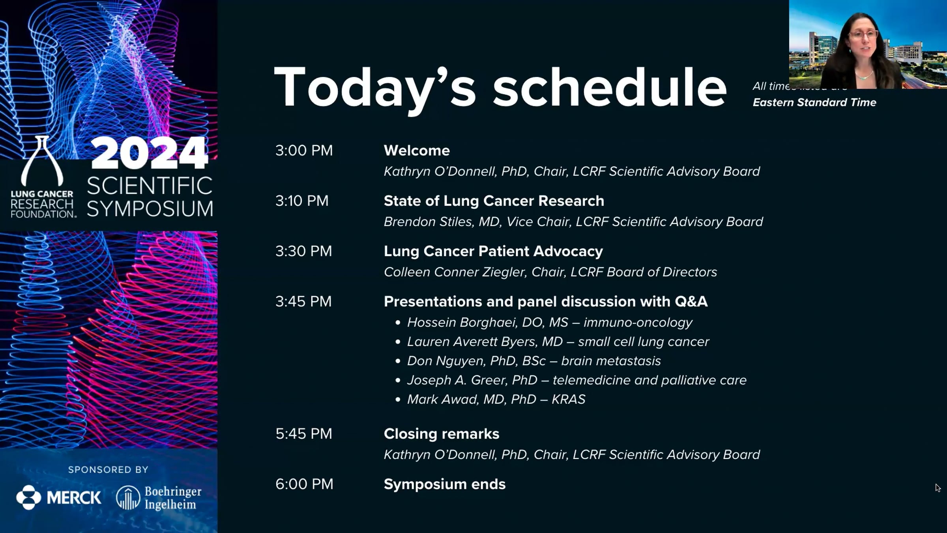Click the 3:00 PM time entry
(x=304, y=150)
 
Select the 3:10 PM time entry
(x=302, y=201)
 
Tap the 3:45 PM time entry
(x=303, y=302)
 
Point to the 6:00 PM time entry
(x=304, y=484)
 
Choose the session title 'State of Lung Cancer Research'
(x=494, y=201)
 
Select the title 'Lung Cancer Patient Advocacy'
(x=493, y=251)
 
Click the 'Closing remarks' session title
(x=442, y=434)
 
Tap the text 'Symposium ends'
(x=445, y=484)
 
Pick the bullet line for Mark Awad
(x=496, y=400)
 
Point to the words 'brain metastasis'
(x=611, y=361)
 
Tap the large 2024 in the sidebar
(x=149, y=153)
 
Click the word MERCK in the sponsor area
(x=74, y=497)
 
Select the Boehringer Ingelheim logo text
(x=173, y=498)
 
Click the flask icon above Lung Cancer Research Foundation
(x=42, y=161)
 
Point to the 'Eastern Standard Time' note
(x=814, y=103)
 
